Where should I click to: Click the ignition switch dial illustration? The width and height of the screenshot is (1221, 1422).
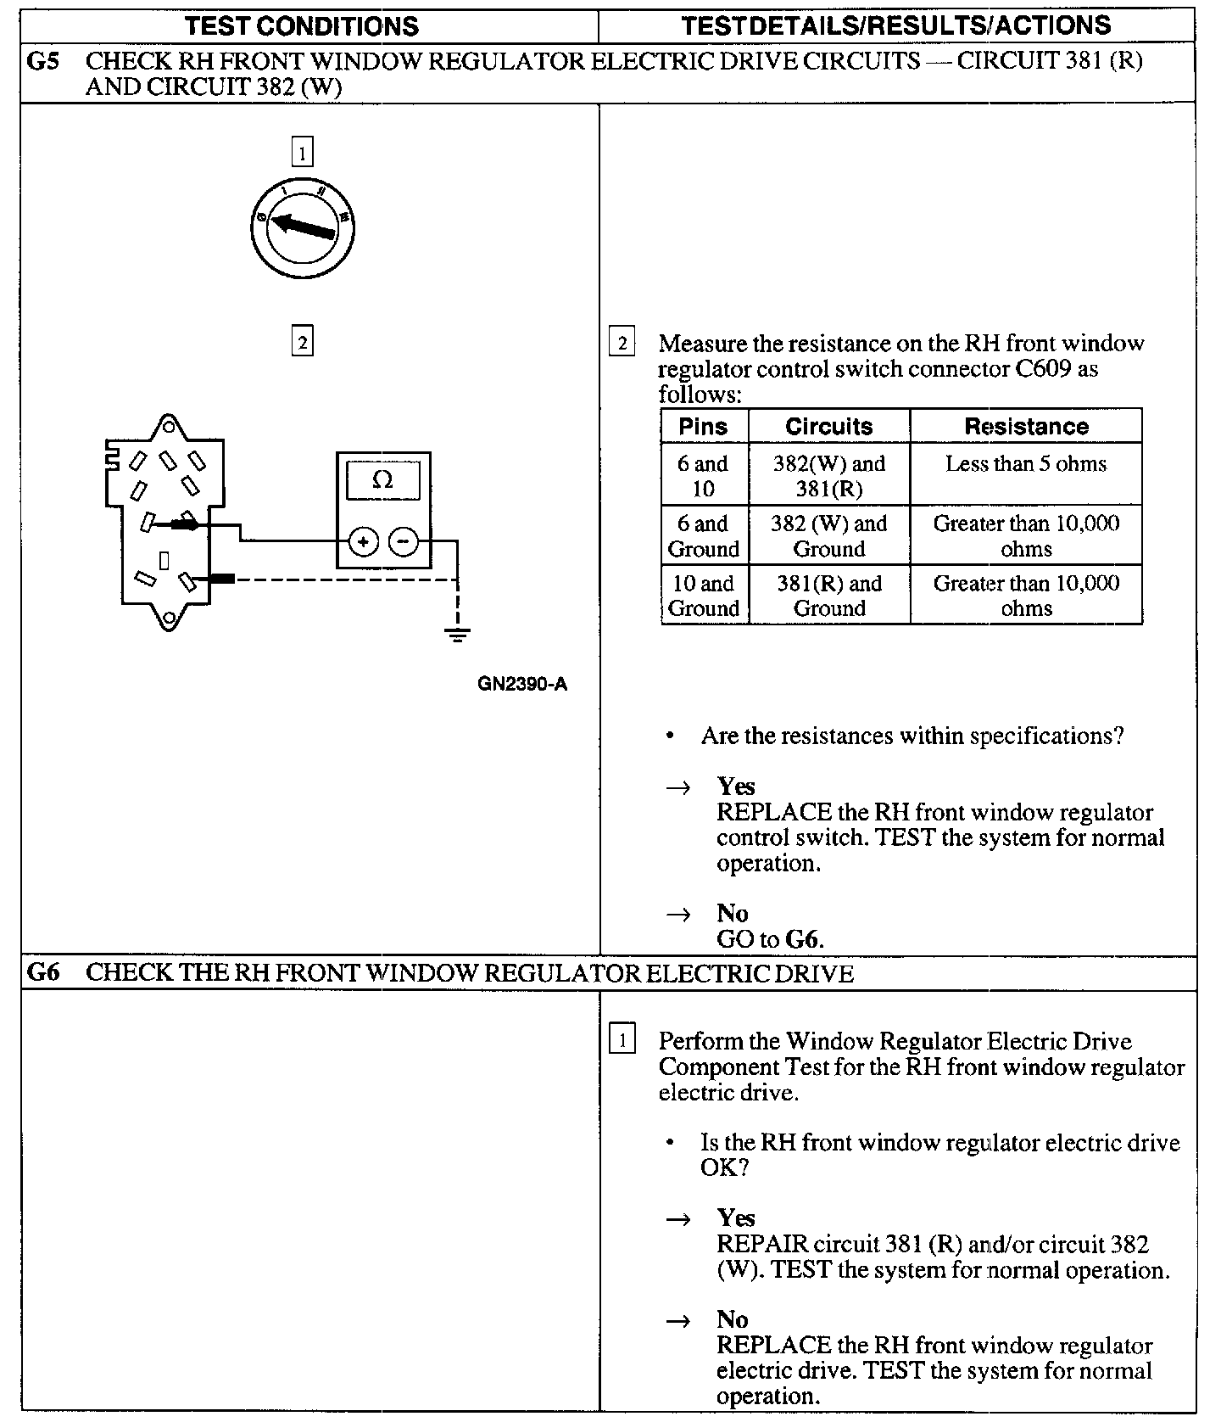(x=303, y=228)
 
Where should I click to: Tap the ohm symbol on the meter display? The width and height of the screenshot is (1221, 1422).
(x=382, y=480)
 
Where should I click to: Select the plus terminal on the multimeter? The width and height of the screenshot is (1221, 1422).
(x=363, y=541)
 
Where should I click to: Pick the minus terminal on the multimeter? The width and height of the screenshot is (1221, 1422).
(x=404, y=541)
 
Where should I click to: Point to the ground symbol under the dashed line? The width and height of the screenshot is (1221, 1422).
(x=457, y=634)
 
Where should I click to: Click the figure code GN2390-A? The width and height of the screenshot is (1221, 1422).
(x=522, y=684)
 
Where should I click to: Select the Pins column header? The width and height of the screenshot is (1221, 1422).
(x=703, y=426)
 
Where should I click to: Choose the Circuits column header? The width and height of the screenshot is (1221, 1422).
(x=828, y=426)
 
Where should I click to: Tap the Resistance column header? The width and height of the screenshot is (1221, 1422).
(x=1026, y=426)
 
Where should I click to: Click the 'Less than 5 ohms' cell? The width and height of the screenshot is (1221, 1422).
(x=1026, y=464)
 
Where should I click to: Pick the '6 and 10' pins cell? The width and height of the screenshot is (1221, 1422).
(x=703, y=476)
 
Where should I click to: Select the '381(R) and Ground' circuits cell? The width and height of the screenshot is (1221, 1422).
(x=829, y=596)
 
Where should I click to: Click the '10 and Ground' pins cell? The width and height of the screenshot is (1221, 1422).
(x=704, y=596)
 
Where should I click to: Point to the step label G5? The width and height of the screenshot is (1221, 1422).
(x=43, y=61)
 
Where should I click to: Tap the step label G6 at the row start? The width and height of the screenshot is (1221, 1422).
(x=43, y=972)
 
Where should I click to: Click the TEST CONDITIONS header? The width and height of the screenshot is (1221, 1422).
(x=302, y=25)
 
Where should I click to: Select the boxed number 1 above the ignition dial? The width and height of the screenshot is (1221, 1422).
(x=302, y=153)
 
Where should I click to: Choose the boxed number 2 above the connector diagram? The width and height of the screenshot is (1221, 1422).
(x=302, y=341)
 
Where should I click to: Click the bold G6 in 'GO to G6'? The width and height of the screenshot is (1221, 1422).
(x=804, y=939)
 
